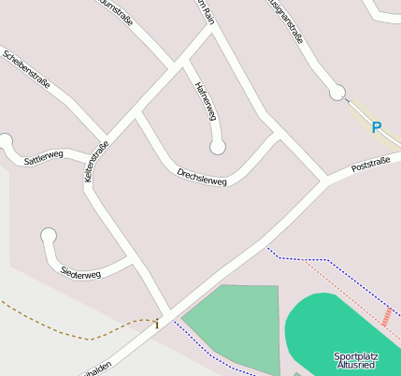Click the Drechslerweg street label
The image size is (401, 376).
(202, 177)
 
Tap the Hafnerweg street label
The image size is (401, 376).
(205, 101)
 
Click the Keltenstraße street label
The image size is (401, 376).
(97, 161)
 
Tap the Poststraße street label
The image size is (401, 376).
(370, 166)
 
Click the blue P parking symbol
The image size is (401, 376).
(377, 127)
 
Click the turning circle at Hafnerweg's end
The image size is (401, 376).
(218, 147)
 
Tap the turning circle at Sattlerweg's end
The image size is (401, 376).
(6, 141)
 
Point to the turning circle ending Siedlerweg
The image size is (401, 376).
(49, 236)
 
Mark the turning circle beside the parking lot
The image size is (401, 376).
(337, 92)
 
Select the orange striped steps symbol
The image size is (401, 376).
(386, 316)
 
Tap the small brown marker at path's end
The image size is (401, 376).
(157, 325)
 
